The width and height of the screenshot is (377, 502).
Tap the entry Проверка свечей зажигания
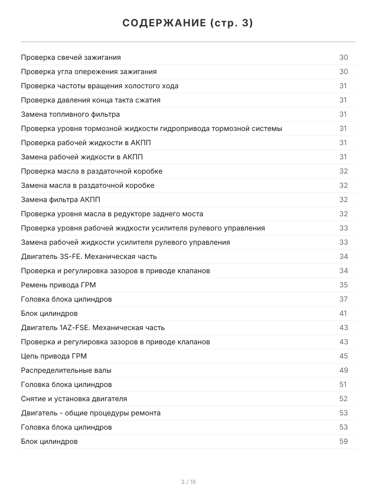(x=71, y=57)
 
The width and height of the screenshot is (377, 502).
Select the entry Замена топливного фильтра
(x=70, y=114)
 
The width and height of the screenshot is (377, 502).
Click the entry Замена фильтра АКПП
(x=61, y=200)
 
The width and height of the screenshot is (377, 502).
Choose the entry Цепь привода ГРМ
(x=54, y=356)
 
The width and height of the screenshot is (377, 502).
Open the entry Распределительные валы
(x=66, y=370)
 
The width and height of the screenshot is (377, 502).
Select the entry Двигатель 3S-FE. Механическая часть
(x=89, y=256)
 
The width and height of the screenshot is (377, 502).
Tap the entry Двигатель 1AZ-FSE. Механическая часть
(x=93, y=328)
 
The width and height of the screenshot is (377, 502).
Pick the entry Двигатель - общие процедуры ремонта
(x=91, y=413)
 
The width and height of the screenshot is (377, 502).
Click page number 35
(x=343, y=285)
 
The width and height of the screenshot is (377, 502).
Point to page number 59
(x=343, y=441)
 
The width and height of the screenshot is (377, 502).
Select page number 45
(x=343, y=356)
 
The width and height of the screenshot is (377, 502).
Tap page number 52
(x=343, y=399)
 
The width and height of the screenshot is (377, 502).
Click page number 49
(x=343, y=370)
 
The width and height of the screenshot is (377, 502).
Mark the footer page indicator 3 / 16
(x=188, y=482)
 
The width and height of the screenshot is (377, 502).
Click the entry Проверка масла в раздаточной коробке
(x=92, y=171)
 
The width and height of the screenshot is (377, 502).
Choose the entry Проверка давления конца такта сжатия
(x=90, y=100)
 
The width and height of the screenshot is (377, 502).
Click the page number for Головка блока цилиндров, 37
(x=343, y=299)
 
